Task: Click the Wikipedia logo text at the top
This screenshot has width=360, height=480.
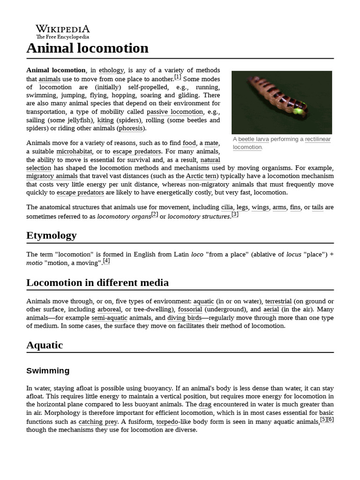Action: click(x=62, y=29)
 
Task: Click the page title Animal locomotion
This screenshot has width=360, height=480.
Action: click(x=87, y=48)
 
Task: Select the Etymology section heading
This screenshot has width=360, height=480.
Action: click(x=52, y=235)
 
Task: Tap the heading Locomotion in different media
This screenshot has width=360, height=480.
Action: click(x=97, y=283)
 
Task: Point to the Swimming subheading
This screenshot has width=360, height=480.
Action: click(x=48, y=371)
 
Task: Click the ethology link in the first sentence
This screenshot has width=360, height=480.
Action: click(x=111, y=71)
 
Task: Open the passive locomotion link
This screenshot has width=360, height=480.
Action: click(x=175, y=112)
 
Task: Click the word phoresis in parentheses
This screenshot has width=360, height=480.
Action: click(x=131, y=128)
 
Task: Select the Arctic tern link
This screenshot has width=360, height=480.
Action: click(x=201, y=176)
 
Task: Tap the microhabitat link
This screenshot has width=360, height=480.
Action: click(x=74, y=151)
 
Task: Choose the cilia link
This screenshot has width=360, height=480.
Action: click(x=227, y=207)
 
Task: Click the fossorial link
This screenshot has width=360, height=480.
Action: click(x=190, y=309)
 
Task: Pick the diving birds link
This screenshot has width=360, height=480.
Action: click(x=184, y=318)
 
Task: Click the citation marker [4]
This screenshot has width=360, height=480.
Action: click(x=106, y=261)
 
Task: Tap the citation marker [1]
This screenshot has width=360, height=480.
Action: click(x=178, y=77)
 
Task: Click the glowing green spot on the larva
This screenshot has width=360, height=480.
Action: click(x=297, y=111)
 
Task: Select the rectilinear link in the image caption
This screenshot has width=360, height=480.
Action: click(x=318, y=139)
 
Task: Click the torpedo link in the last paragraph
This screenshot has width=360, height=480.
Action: click(x=167, y=421)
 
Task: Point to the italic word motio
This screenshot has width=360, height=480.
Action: click(x=34, y=263)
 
